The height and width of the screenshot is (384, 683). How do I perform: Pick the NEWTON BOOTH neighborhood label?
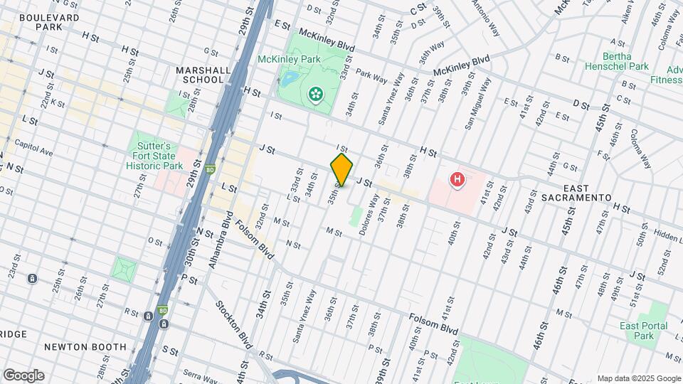pyautogui.click(x=85, y=347)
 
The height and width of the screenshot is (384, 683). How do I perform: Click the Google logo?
pyautogui.click(x=23, y=375)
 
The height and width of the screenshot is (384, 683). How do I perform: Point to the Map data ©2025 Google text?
pyautogui.click(x=638, y=378)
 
